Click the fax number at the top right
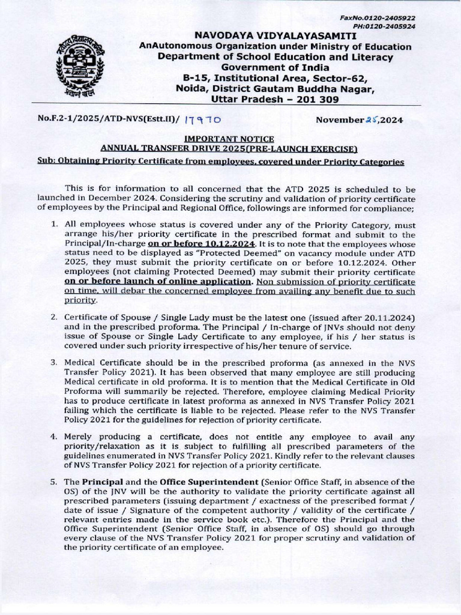(x=394, y=18)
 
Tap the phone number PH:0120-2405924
(x=394, y=26)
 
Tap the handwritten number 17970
(x=205, y=121)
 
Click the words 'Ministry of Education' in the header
(x=362, y=47)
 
